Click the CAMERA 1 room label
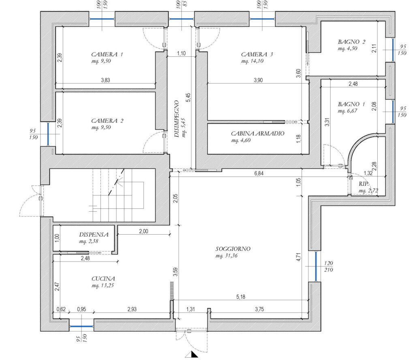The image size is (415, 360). point(107,55)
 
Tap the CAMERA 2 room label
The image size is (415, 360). point(107,121)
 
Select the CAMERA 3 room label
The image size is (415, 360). point(257,55)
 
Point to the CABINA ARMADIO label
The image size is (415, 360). point(257,133)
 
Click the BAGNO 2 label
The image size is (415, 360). point(351,42)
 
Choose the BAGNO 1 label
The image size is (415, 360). point(351,104)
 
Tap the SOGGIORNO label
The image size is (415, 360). point(233,249)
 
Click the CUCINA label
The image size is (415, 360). point(103,279)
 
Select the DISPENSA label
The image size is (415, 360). point(94,235)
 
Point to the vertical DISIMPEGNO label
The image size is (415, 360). point(177,119)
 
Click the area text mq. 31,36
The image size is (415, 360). point(227,256)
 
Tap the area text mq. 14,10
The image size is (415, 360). point(252,61)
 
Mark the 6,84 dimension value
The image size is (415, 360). point(259,174)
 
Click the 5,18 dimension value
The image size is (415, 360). point(241,297)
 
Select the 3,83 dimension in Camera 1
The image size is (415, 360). point(105,80)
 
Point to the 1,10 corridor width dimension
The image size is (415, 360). point(181,54)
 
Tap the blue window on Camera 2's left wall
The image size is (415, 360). point(48,134)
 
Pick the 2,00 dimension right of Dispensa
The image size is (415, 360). point(143,231)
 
